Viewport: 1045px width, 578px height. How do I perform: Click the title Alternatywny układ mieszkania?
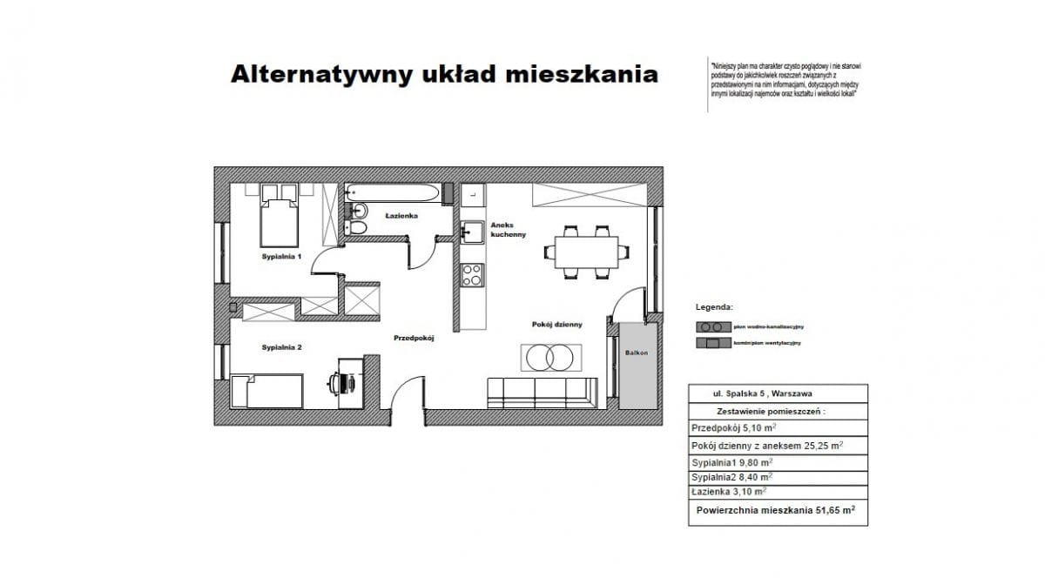tap(443, 75)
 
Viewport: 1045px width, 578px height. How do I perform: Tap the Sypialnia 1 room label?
tap(281, 258)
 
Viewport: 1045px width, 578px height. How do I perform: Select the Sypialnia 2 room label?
tap(281, 347)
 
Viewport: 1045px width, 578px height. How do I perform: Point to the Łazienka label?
tap(404, 215)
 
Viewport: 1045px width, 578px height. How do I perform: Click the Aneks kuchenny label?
tap(508, 229)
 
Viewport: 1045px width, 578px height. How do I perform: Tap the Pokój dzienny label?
tap(556, 324)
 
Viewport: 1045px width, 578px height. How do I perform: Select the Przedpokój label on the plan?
tap(414, 337)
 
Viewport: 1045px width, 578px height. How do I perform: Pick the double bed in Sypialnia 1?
tap(280, 220)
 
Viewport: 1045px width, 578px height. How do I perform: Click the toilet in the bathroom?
tap(357, 228)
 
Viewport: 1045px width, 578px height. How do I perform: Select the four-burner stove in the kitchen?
tap(472, 275)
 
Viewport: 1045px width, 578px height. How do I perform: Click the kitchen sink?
tap(473, 232)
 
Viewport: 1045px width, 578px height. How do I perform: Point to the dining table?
tap(584, 252)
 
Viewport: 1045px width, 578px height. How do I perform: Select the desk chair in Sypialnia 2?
tap(340, 381)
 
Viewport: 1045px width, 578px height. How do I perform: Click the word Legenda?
tap(714, 307)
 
